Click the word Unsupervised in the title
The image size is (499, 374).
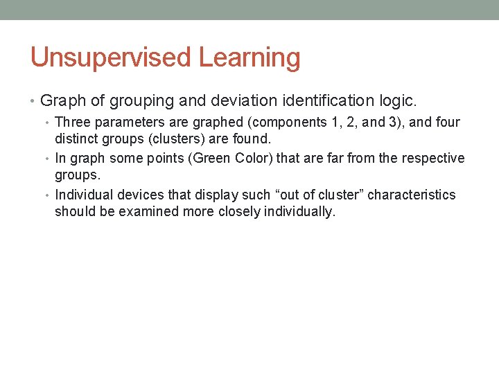112,57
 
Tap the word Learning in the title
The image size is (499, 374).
249,57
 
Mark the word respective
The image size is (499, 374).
435,159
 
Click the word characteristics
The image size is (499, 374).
412,195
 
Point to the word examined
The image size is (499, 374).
145,212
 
